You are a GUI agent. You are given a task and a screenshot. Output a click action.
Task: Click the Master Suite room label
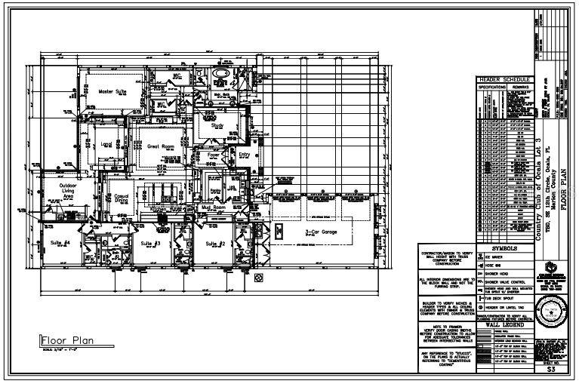click(112, 91)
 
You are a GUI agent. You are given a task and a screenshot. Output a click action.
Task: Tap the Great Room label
click(162, 146)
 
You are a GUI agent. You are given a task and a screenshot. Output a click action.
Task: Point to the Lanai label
click(106, 143)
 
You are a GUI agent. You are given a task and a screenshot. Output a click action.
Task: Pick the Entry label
click(244, 154)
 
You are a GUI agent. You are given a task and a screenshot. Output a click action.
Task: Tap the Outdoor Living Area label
click(57, 191)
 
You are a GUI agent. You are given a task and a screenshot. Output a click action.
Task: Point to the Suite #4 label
click(60, 243)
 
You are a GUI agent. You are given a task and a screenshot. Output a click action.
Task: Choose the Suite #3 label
click(150, 244)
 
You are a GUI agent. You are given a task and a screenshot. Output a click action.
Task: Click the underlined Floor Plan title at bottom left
click(66, 339)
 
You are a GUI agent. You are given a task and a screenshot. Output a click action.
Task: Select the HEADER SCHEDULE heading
click(505, 79)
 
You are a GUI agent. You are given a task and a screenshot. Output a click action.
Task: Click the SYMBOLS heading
click(505, 247)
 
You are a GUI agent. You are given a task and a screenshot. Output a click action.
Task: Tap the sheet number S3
click(550, 370)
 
